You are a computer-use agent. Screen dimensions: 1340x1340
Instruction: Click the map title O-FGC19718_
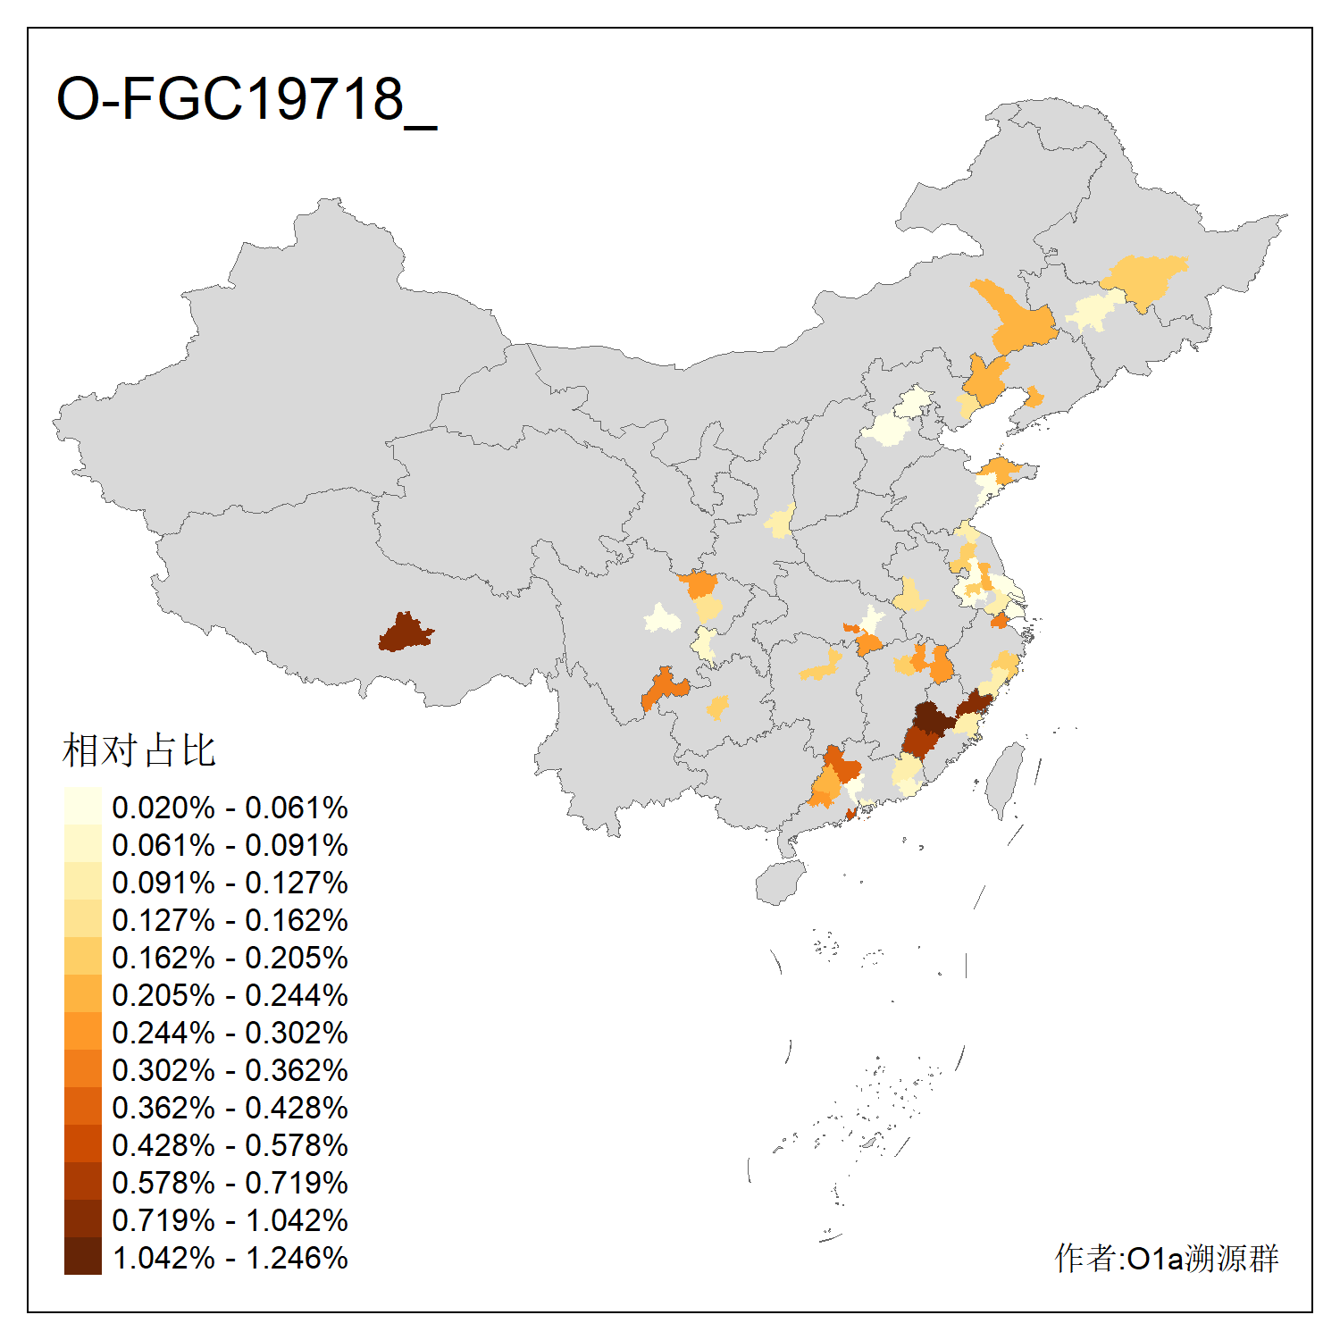point(247,99)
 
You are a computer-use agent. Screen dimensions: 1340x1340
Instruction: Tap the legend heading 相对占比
point(138,750)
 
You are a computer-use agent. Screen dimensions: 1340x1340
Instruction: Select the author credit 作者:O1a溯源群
point(1166,1258)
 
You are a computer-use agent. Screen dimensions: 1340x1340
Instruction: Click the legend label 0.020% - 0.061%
point(230,808)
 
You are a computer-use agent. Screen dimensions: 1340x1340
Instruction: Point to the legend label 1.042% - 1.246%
point(230,1258)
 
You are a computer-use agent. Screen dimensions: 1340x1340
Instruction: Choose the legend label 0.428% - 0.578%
point(230,1145)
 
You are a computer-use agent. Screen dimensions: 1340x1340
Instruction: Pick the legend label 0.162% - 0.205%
point(230,958)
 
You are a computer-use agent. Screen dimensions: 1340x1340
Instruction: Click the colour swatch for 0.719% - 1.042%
point(82,1220)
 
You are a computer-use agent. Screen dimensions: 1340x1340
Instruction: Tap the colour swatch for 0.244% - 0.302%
point(82,1033)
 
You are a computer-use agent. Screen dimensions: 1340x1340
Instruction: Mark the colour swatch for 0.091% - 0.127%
point(82,883)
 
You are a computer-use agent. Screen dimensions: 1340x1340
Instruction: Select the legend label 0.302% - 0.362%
point(230,1070)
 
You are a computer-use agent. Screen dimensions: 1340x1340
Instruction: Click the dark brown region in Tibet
point(405,632)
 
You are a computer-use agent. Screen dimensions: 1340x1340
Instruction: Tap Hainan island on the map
point(779,883)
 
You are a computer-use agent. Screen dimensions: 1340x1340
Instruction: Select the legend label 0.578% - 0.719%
point(230,1183)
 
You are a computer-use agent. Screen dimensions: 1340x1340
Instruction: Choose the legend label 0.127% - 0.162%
point(230,920)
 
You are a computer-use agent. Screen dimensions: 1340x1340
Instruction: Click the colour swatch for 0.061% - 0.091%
point(82,845)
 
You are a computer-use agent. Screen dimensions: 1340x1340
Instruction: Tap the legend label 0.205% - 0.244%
point(230,995)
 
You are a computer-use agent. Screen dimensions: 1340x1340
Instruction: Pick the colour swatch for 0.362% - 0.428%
point(82,1108)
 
